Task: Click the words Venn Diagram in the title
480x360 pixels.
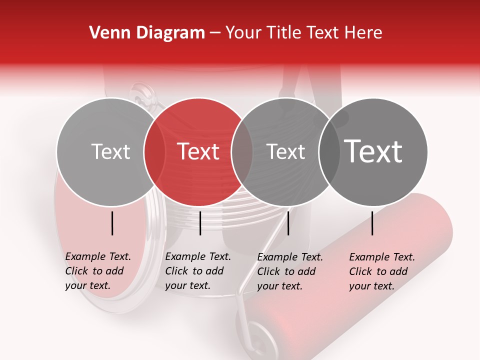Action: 147,33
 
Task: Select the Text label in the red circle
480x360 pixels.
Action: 198,151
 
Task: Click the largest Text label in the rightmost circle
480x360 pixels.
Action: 373,151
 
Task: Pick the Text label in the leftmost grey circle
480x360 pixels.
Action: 110,151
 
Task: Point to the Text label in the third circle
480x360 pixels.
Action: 286,151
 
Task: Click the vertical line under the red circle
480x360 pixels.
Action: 200,223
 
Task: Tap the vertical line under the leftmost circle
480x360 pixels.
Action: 112,223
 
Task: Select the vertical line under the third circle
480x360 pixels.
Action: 288,223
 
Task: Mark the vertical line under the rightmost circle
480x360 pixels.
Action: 372,223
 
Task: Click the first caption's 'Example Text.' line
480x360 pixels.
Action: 98,256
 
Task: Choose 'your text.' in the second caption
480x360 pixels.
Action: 187,285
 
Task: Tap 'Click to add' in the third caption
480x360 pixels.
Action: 286,271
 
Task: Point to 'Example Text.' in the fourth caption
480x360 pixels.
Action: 382,257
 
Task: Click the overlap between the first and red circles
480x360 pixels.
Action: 154,152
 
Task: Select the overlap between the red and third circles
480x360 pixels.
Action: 242,152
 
